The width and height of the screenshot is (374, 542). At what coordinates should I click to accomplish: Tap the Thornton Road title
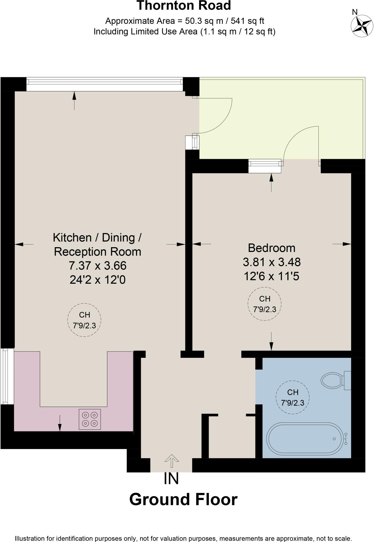184,6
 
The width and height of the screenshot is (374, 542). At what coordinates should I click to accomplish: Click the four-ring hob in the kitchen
90,419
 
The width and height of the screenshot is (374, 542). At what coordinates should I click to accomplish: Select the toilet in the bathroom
335,381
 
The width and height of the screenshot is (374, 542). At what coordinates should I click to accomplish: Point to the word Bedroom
272,248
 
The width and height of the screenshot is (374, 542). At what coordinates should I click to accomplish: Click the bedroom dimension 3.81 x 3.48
272,262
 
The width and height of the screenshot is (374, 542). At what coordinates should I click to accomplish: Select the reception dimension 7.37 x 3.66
98,265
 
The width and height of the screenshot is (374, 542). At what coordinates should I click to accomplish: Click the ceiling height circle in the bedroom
264,304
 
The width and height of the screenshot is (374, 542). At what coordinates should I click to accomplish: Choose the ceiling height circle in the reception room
84,320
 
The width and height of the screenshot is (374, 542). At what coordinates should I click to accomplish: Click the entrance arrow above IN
172,461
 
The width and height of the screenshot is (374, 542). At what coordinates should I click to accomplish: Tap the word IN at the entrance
171,478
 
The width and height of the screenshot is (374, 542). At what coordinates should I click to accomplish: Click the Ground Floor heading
183,500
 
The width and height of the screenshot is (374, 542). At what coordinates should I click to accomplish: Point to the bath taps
346,439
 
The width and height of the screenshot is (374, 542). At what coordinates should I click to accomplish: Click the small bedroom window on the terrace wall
265,166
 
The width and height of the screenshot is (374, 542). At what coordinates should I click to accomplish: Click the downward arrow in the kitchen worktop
60,423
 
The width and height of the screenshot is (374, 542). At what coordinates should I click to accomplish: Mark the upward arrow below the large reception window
74,100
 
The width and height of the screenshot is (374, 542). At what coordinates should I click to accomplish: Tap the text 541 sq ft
247,21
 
